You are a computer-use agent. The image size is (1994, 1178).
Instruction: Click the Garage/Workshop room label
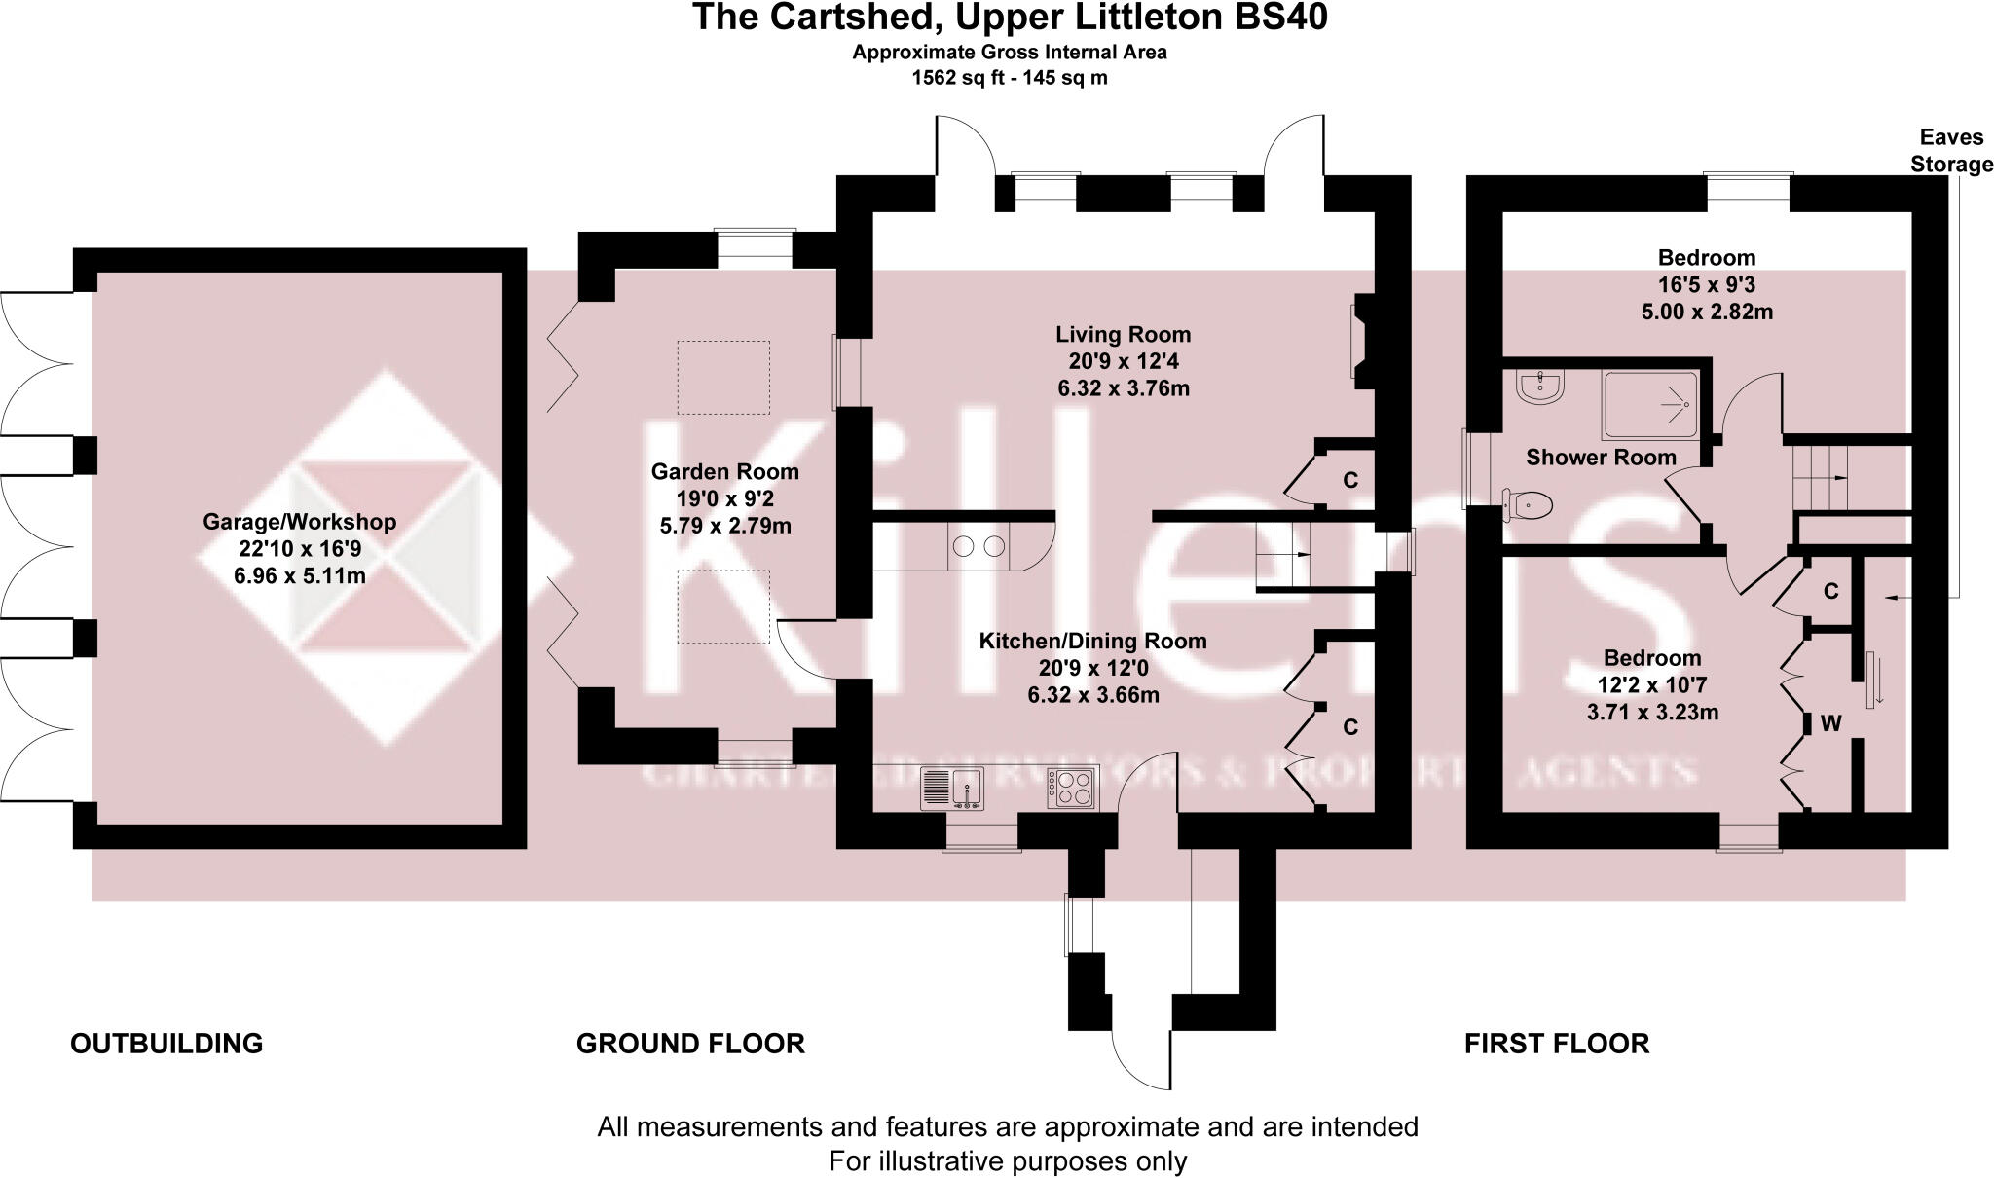tap(299, 522)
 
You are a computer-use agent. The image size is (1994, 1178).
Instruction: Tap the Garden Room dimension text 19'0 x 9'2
tap(724, 499)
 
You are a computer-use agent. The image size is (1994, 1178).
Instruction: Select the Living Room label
tap(1123, 335)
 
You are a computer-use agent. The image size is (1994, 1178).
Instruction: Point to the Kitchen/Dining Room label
tap(1092, 642)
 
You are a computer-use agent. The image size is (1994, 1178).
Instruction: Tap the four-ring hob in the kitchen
tap(1072, 788)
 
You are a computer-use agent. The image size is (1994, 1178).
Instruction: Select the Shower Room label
tap(1601, 458)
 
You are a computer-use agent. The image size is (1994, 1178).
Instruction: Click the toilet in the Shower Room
tap(1527, 505)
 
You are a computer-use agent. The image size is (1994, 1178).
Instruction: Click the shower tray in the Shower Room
tap(1651, 405)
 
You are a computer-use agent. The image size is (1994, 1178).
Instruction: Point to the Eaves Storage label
tap(1950, 151)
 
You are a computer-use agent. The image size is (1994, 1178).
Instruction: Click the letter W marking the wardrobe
tap(1830, 724)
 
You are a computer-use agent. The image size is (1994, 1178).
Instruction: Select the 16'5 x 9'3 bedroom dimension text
tap(1706, 285)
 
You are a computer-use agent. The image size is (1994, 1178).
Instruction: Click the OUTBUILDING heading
tap(166, 1044)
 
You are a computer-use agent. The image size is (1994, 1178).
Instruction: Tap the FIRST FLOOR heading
tap(1556, 1044)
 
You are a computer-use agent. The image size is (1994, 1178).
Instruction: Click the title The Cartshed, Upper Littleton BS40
tap(1009, 18)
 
